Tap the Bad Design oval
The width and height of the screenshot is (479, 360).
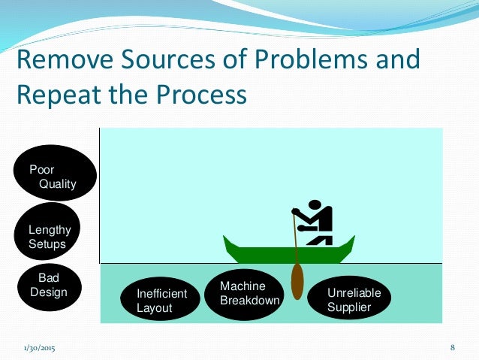[x=49, y=286]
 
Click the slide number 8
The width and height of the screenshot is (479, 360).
[x=453, y=347]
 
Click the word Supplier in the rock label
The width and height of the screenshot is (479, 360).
[x=350, y=307]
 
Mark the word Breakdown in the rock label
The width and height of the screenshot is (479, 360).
[x=249, y=301]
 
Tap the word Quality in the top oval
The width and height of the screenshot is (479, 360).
[x=58, y=183]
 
